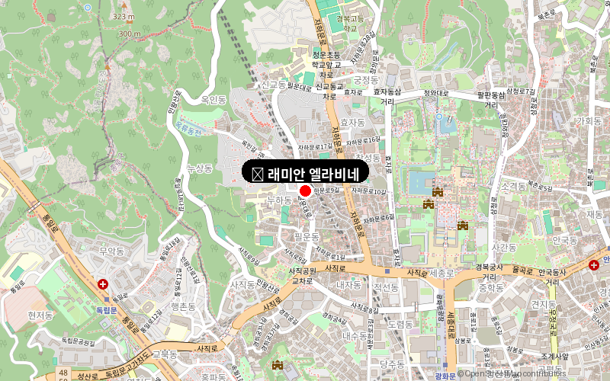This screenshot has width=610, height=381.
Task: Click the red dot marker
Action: pos(305,190)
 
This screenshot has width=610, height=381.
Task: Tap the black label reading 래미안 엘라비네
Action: pos(305,172)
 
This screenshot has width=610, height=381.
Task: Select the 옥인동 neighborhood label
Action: pos(213,100)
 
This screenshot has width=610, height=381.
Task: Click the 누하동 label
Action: pos(279,200)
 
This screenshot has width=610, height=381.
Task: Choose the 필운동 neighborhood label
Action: pos(307,237)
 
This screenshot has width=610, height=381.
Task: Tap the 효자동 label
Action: pos(352,122)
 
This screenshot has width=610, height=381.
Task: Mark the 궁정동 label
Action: pos(366,79)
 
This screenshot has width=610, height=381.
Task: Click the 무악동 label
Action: pos(111,250)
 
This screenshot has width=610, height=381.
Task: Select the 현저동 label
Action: pos(40,315)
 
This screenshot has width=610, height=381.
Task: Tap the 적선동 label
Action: pos(386,288)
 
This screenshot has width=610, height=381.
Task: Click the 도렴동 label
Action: pos(400,324)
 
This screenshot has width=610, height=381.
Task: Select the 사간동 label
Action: pos(504,248)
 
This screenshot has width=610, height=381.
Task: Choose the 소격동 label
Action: pos(515,186)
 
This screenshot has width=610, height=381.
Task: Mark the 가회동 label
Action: pos(589,121)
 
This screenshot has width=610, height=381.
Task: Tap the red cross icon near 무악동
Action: pos(103,284)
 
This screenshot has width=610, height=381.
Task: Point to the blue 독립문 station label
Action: pos(105,310)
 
